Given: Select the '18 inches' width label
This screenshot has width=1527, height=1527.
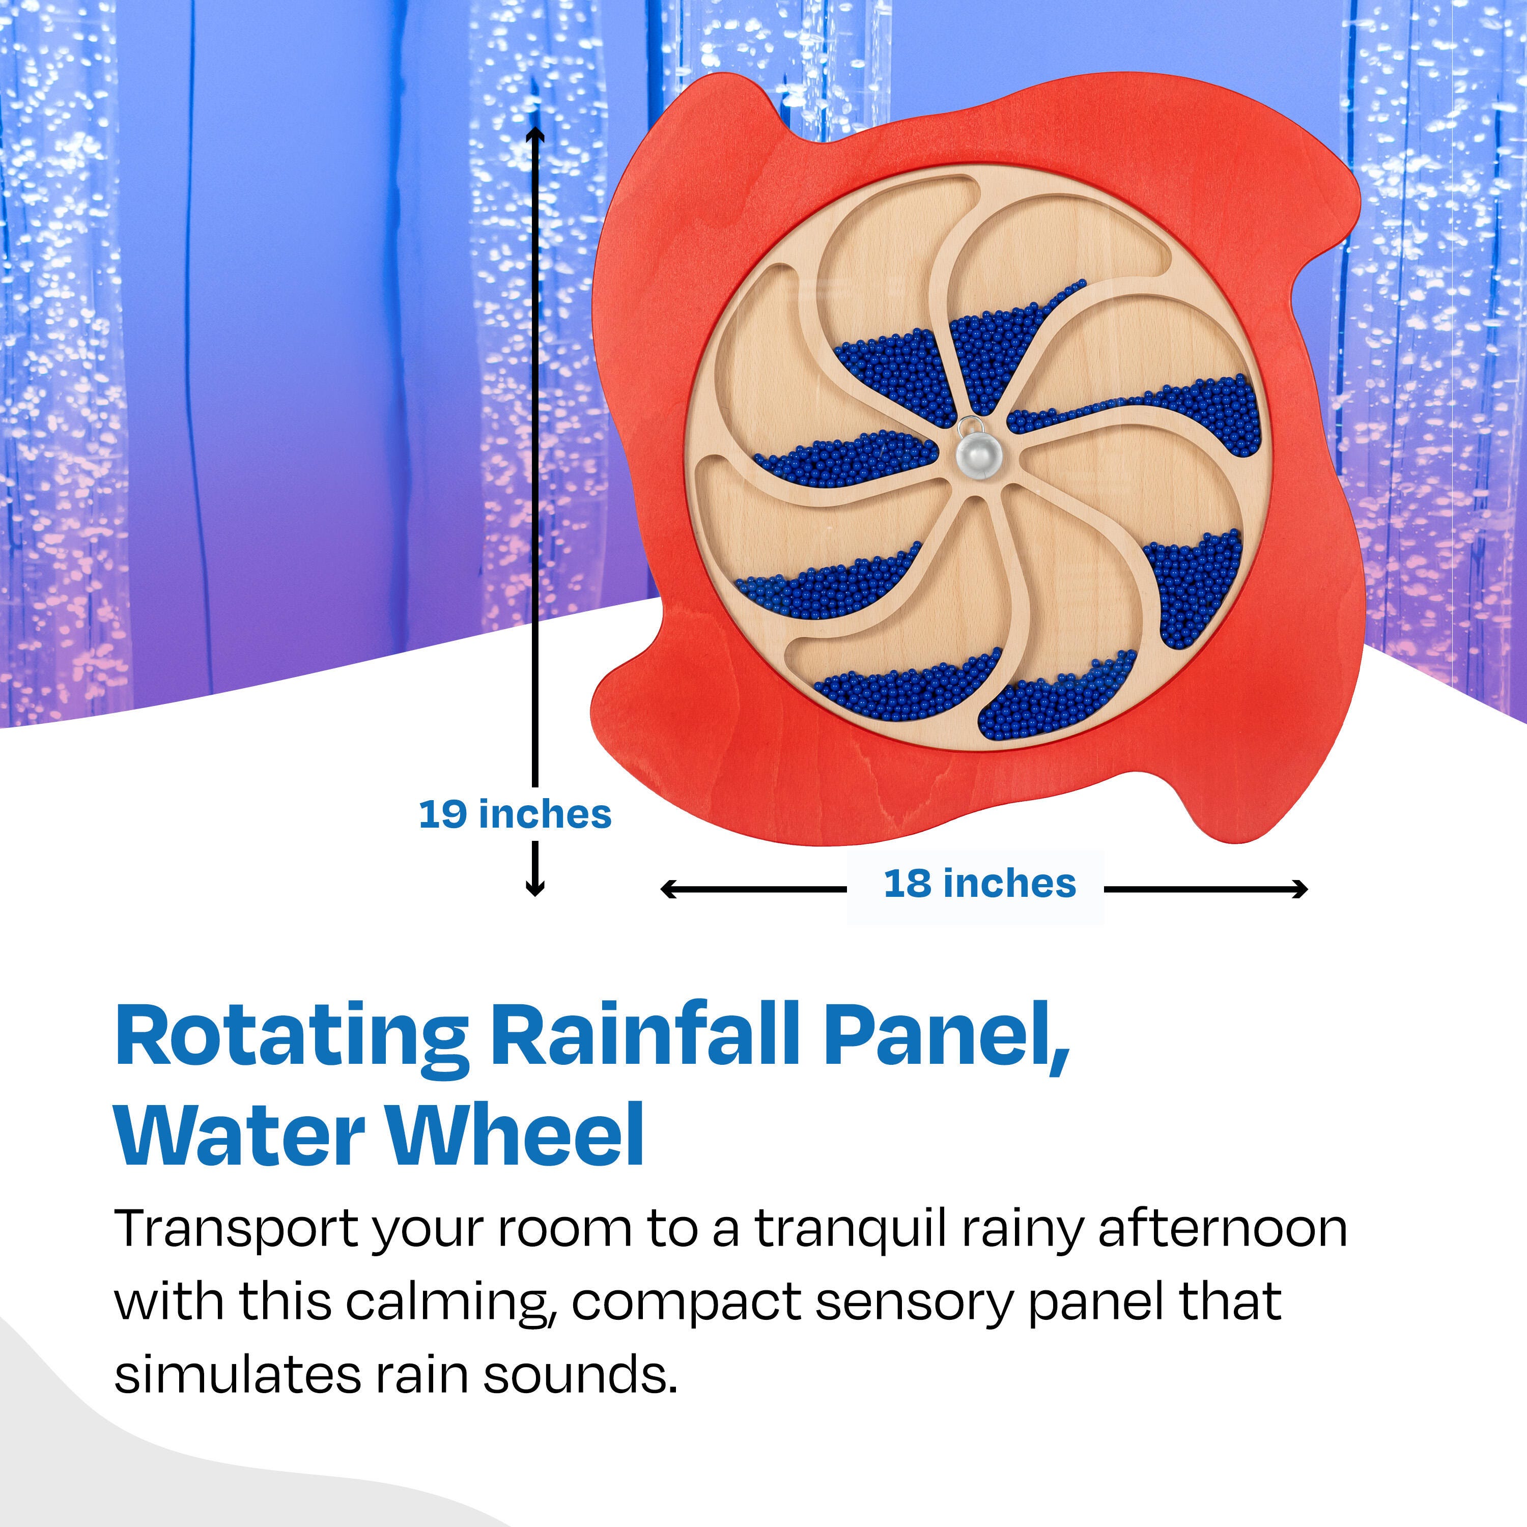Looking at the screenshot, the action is point(980,884).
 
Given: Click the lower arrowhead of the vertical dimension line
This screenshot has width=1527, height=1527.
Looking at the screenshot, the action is point(535,887).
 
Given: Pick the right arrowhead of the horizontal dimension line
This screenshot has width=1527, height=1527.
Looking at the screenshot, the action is point(1298,889).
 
